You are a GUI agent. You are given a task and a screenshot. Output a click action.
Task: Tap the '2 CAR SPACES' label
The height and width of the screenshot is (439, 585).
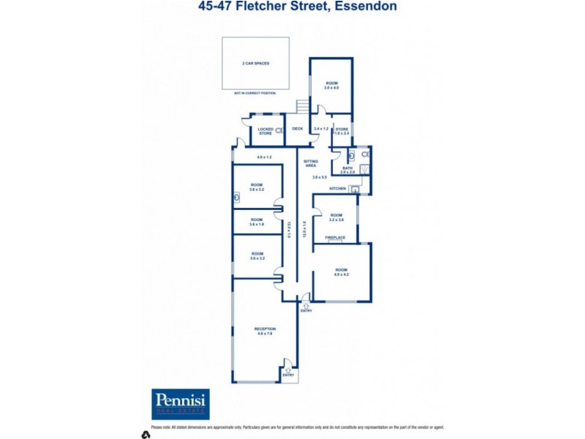point(256,64)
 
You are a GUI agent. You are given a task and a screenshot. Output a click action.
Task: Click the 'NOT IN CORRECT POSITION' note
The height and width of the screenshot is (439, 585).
point(256,94)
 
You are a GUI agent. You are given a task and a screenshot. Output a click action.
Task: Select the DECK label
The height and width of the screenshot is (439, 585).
point(298,129)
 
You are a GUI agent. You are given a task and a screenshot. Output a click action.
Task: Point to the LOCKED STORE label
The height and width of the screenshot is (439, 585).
point(265,131)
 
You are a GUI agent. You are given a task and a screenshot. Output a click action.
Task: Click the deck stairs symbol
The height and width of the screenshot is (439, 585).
point(302,107)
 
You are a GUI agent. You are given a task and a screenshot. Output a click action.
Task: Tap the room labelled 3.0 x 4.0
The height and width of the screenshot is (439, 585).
point(332,85)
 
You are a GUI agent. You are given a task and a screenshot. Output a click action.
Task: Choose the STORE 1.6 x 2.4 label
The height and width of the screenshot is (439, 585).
point(341,130)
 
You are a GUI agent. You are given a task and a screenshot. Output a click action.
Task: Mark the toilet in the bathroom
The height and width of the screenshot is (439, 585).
point(352,155)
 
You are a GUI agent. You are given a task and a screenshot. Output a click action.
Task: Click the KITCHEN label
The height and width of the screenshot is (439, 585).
point(336,189)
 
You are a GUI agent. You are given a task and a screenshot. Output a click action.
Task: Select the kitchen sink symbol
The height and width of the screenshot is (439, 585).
point(355,189)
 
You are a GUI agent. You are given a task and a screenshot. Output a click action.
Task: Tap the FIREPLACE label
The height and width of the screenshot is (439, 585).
point(335,237)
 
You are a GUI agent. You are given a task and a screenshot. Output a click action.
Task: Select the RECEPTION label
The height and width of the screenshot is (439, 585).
point(265,331)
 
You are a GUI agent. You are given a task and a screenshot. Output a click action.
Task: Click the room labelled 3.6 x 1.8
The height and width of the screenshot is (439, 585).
point(257,221)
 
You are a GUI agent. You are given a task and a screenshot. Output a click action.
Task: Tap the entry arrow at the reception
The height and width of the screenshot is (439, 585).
point(290,371)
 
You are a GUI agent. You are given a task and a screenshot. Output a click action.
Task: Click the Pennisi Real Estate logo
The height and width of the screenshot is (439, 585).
point(180,404)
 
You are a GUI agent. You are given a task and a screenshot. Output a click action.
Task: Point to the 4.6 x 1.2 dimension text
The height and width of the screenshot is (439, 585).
point(264,157)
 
